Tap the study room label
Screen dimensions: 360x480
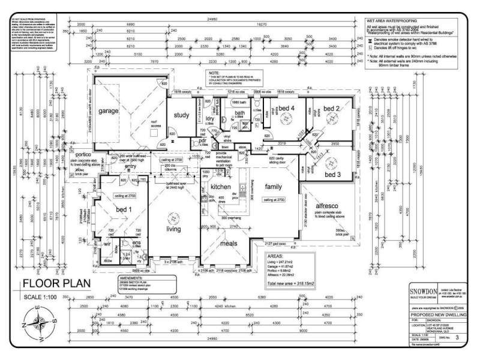pyautogui.click(x=182, y=115)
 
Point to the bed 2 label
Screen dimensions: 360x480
pyautogui.click(x=332, y=109)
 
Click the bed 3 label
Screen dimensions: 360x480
pyautogui.click(x=333, y=175)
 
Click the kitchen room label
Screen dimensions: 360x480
pyautogui.click(x=220, y=188)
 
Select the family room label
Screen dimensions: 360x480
pyautogui.click(x=273, y=187)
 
